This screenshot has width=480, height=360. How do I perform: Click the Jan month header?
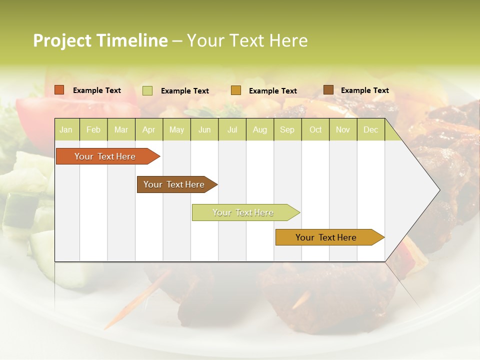pyautogui.click(x=66, y=130)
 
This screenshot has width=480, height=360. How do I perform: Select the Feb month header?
pyautogui.click(x=93, y=130)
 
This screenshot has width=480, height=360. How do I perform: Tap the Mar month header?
pyautogui.click(x=121, y=130)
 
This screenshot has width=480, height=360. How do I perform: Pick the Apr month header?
pyautogui.click(x=149, y=130)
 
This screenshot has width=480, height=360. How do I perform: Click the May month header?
pyautogui.click(x=176, y=130)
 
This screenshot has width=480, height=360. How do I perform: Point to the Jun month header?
pyautogui.click(x=204, y=130)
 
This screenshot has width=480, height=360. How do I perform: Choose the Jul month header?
pyautogui.click(x=232, y=130)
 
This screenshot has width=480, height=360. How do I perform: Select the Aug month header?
pyautogui.click(x=260, y=130)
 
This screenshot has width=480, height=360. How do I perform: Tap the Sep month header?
pyautogui.click(x=287, y=130)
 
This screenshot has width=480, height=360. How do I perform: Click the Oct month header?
pyautogui.click(x=315, y=130)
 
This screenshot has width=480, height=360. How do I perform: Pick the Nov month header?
pyautogui.click(x=343, y=130)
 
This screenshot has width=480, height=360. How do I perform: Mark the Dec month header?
pyautogui.click(x=371, y=130)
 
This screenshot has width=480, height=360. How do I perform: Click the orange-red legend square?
pyautogui.click(x=59, y=90)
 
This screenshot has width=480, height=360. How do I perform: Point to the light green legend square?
pyautogui.click(x=147, y=90)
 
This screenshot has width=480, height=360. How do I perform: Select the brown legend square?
pyautogui.click(x=328, y=90)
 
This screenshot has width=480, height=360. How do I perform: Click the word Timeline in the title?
pyautogui.click(x=132, y=40)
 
